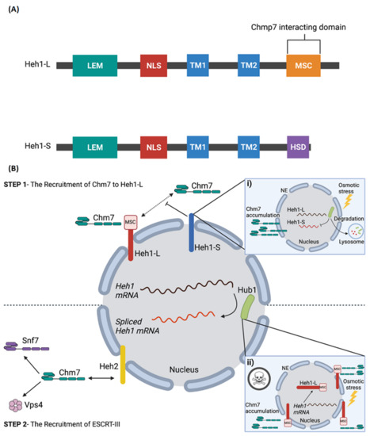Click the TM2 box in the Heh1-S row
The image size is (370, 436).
pos(254,147)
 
